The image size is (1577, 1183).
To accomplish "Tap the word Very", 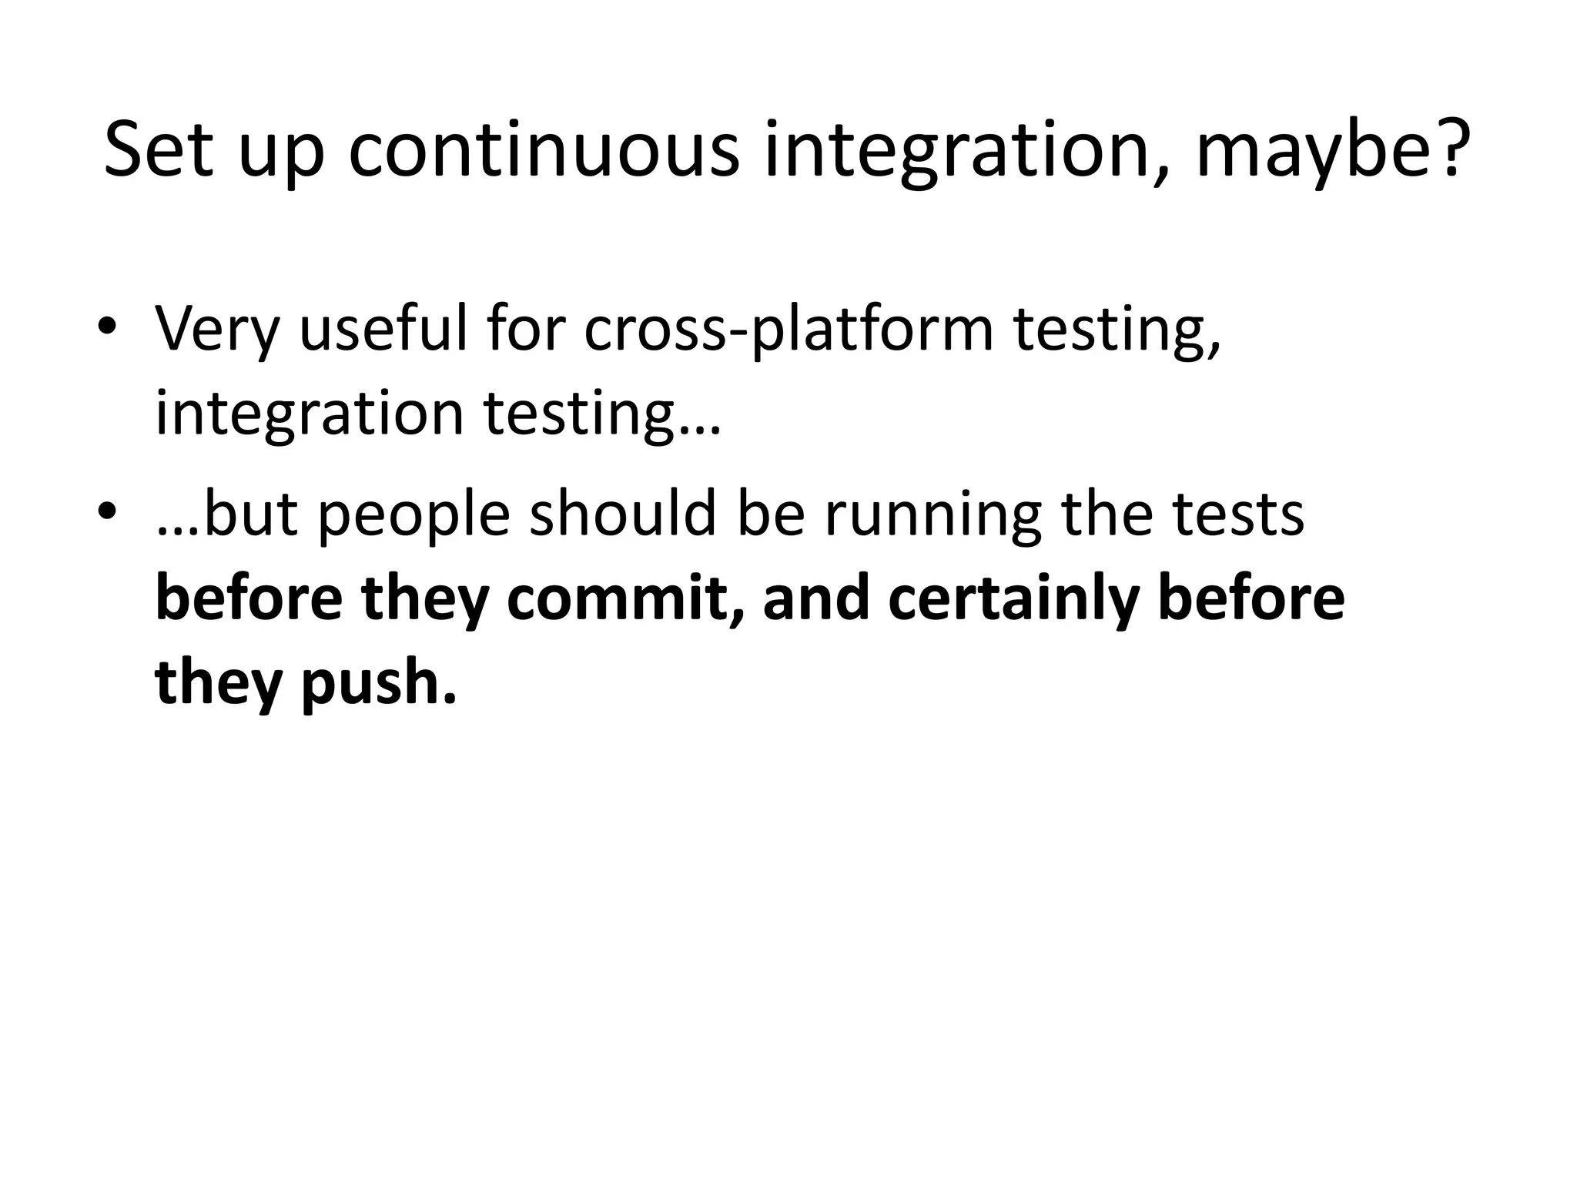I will click(x=216, y=330).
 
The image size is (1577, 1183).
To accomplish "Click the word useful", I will click(x=383, y=330).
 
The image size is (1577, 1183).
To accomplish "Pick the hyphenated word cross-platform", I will click(x=788, y=330).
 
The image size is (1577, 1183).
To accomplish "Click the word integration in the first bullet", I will click(x=310, y=414).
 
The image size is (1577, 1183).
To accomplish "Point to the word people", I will click(x=414, y=514).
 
